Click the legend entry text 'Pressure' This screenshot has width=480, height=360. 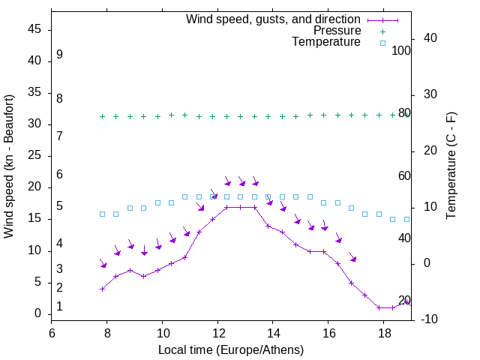tap(337, 31)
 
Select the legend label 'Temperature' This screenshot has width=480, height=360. tap(326, 43)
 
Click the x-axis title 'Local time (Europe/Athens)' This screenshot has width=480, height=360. tap(231, 350)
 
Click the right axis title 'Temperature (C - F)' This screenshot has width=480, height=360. tap(451, 166)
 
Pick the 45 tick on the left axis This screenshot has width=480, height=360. tap(34, 30)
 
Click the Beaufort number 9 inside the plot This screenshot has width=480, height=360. tap(59, 55)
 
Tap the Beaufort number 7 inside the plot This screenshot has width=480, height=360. tap(59, 136)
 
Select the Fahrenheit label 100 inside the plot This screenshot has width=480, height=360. tap(402, 50)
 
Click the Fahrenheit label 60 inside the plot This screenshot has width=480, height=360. tap(404, 175)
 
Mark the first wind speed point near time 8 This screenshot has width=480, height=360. tap(102, 289)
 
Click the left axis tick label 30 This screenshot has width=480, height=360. tap(34, 124)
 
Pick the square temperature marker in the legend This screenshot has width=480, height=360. tap(382, 43)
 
